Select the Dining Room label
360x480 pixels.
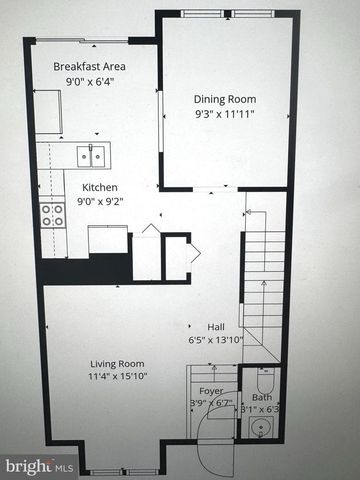point(224,99)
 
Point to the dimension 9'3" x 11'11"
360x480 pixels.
point(224,114)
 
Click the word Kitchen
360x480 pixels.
point(100,187)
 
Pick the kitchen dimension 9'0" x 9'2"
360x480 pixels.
point(98,202)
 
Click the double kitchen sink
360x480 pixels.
point(92,155)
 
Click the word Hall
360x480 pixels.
point(216,326)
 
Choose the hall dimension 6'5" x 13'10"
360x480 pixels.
point(216,340)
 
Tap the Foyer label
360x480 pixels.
point(211,392)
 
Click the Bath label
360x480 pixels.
point(261,397)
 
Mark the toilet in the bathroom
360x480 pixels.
point(265,380)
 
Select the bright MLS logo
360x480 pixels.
point(39,466)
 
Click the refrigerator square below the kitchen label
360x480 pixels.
point(108,240)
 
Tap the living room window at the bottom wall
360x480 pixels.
point(125,471)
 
